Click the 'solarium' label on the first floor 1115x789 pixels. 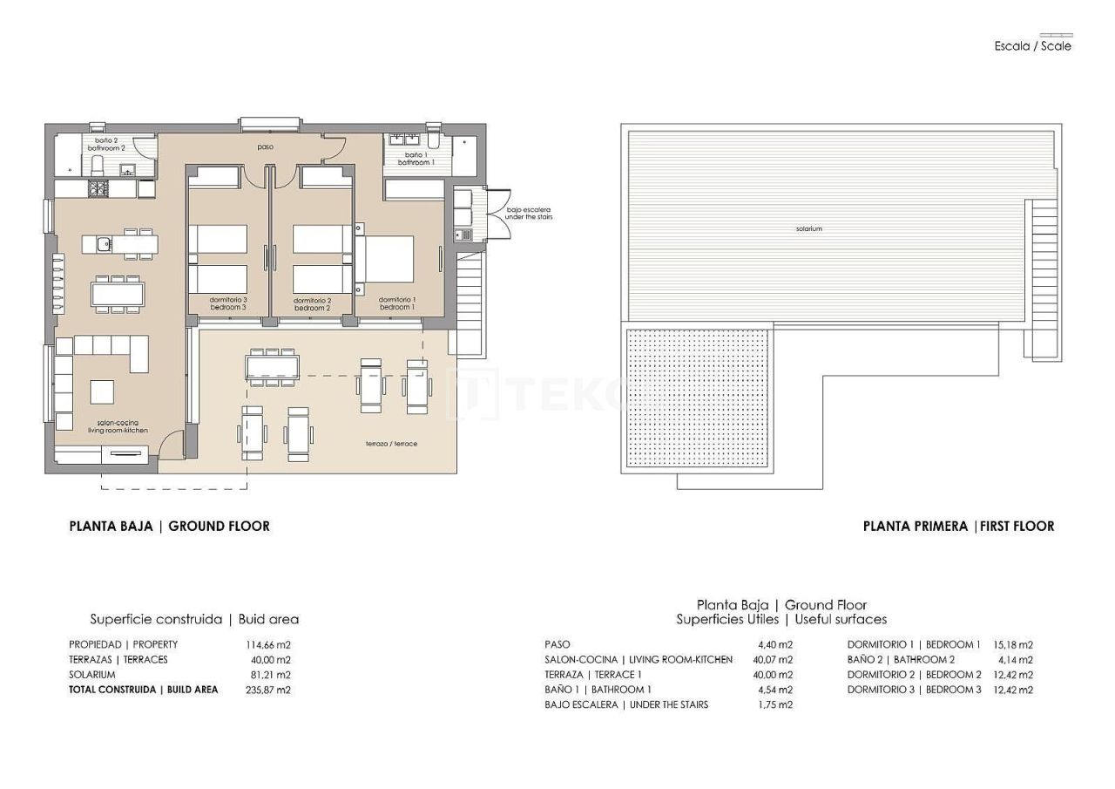(808, 228)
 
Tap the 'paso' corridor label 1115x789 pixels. (265, 147)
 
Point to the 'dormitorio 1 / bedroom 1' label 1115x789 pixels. (396, 303)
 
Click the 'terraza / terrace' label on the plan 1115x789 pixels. (391, 444)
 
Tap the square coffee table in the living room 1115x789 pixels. (102, 391)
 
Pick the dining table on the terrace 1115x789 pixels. (273, 365)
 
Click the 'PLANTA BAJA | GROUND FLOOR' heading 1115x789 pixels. (169, 526)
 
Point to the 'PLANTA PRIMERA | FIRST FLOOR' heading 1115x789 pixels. (958, 526)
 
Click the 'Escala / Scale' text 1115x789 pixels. (1032, 46)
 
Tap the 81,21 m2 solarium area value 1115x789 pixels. (270, 675)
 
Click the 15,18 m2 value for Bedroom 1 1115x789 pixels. (1012, 645)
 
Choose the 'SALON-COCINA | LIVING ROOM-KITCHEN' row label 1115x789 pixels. (638, 660)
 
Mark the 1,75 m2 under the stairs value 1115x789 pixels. (774, 704)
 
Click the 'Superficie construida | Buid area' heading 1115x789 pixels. (194, 619)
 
